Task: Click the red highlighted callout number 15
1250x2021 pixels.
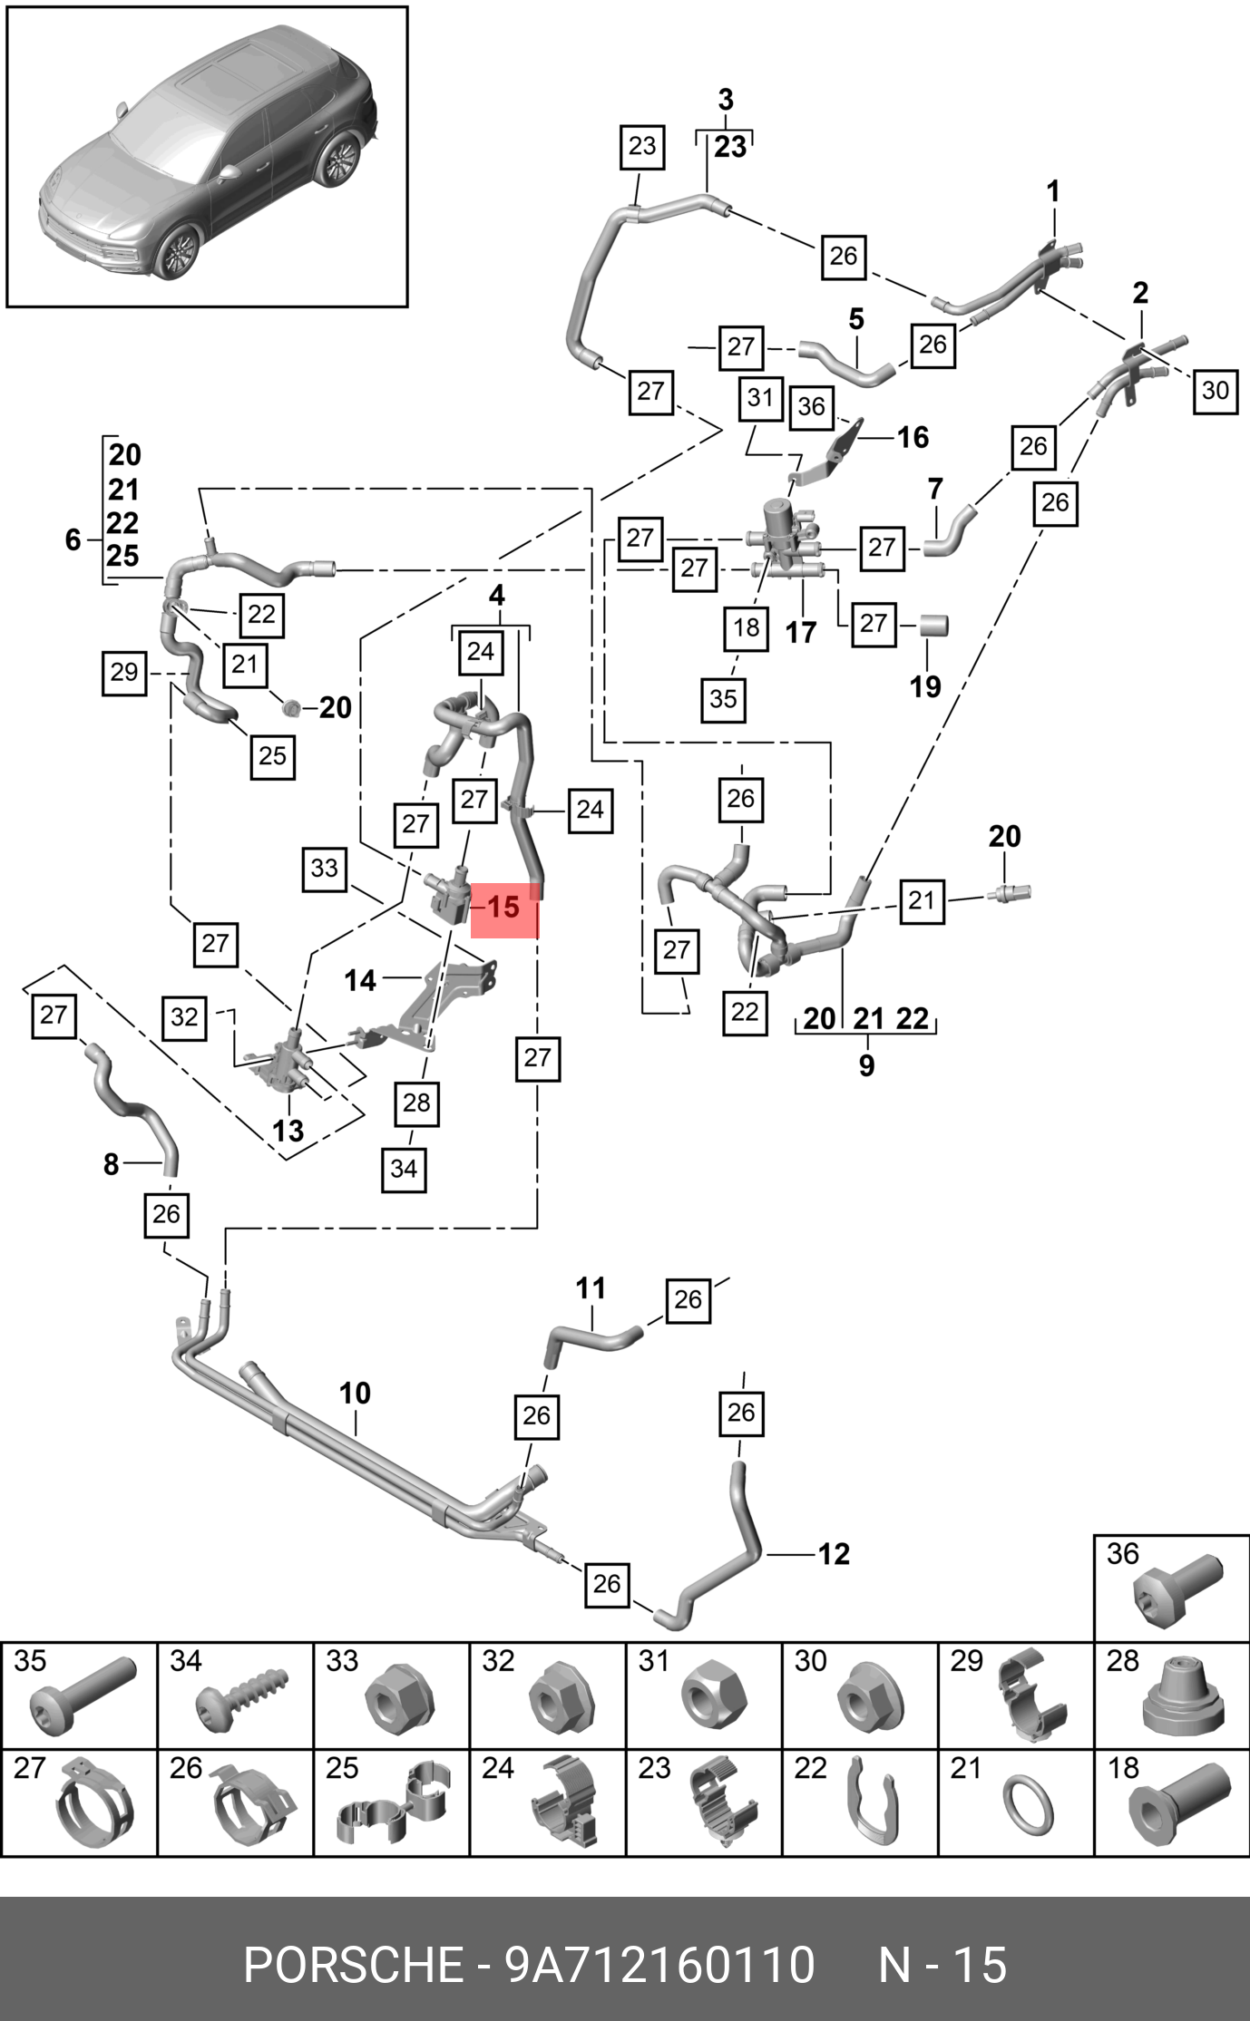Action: [503, 908]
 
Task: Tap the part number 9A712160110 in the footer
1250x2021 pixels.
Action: [659, 1965]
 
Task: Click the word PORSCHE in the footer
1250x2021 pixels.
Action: [353, 1965]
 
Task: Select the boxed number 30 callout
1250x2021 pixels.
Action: [1215, 391]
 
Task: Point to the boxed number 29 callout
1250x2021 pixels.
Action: [124, 673]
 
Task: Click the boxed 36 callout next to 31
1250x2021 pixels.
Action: [811, 406]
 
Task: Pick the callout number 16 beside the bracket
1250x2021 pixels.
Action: [913, 438]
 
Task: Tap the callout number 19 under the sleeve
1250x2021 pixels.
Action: [925, 686]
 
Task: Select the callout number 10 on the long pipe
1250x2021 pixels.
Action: [355, 1394]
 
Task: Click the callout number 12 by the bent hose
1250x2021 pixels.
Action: [834, 1554]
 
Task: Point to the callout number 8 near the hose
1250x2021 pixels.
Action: [111, 1163]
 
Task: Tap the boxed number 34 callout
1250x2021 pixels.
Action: [404, 1169]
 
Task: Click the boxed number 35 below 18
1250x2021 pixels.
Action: [723, 699]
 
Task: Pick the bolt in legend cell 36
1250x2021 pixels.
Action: [1177, 1591]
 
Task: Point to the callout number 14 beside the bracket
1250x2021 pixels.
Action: [360, 980]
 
